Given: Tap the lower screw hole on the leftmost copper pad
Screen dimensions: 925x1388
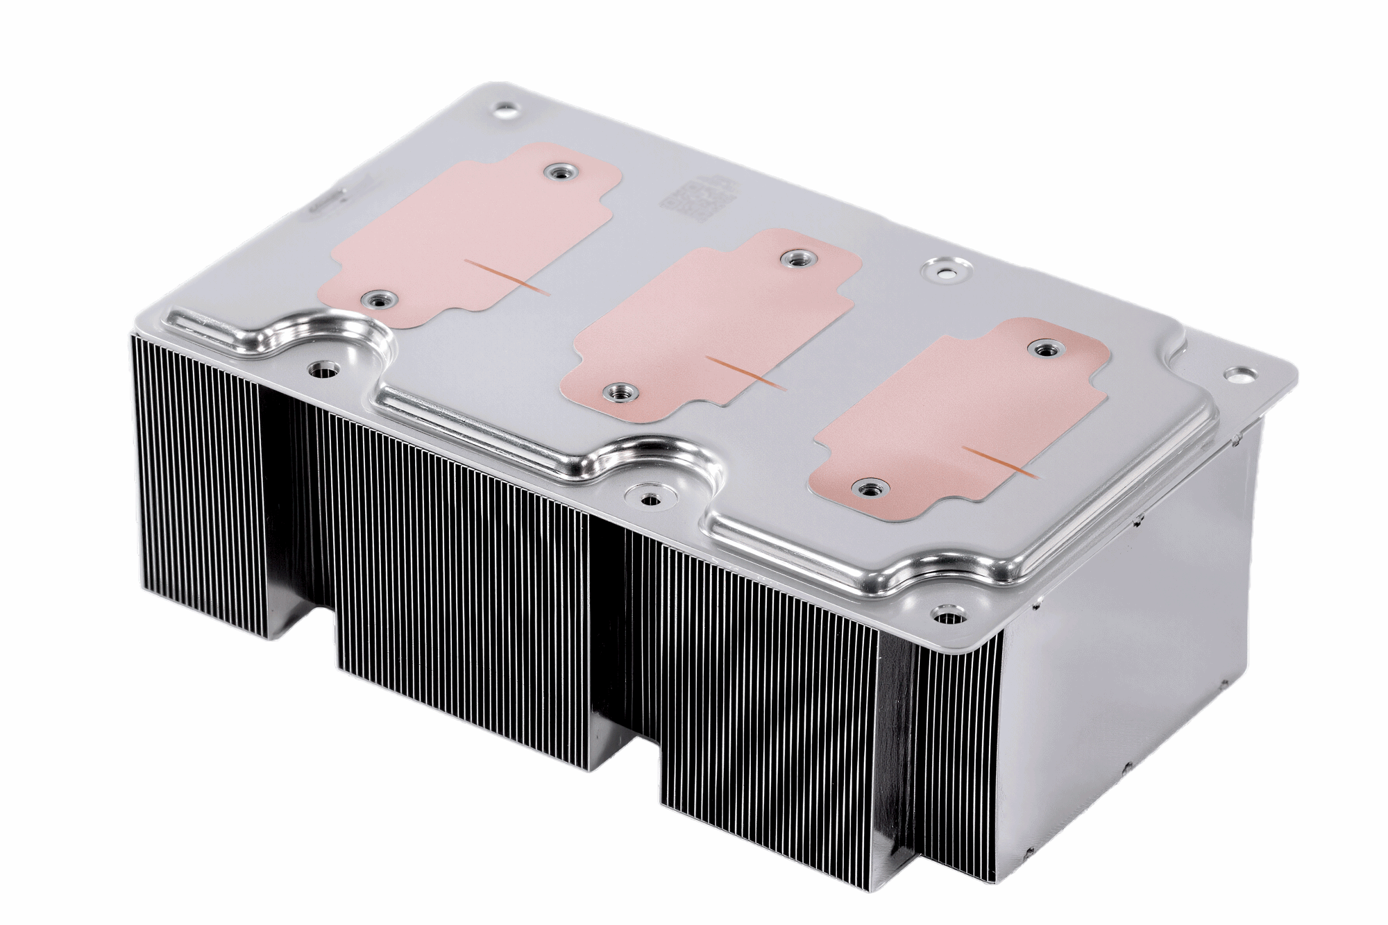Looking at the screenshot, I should (378, 300).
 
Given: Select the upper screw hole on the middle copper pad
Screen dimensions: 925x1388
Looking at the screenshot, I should (793, 259).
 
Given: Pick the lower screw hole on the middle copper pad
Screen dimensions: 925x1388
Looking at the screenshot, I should (618, 392).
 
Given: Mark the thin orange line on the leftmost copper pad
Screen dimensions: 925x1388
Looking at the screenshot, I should (507, 278).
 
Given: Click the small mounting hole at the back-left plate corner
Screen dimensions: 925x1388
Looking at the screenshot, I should (506, 110).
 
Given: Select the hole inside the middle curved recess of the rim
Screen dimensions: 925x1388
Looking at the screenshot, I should (649, 499).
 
